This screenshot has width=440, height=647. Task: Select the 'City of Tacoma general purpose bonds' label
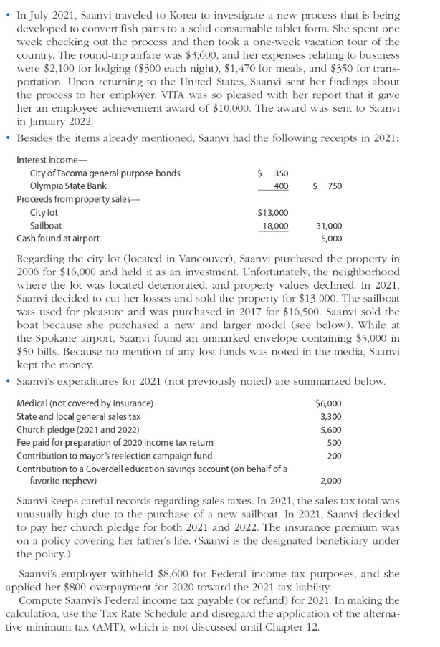pyautogui.click(x=105, y=173)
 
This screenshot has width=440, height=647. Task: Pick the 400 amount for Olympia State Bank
pyautogui.click(x=280, y=186)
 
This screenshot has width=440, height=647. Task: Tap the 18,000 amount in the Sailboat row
pyautogui.click(x=276, y=226)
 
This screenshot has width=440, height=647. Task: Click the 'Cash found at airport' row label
pyautogui.click(x=58, y=239)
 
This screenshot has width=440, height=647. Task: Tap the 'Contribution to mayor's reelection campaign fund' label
pyautogui.click(x=114, y=456)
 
